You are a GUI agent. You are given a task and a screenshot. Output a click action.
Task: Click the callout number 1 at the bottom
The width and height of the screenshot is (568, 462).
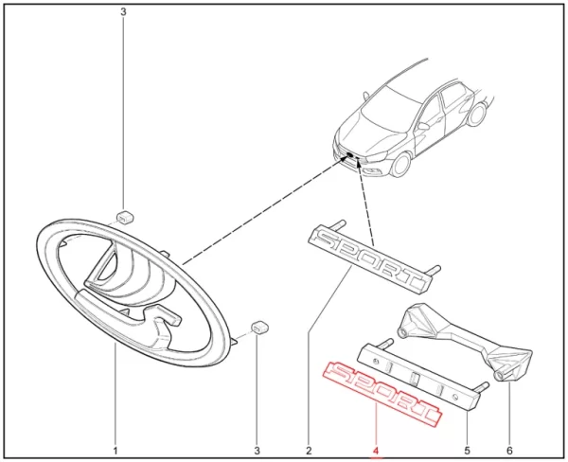pos(115,451)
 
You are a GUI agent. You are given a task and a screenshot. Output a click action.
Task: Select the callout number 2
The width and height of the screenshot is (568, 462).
pos(309,451)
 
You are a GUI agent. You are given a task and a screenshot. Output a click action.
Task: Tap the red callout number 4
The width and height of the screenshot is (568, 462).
pos(376,451)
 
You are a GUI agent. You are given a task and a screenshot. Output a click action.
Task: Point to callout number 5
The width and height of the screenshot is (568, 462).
pos(467,451)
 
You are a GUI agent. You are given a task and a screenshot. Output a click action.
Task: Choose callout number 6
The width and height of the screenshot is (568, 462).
pos(509,451)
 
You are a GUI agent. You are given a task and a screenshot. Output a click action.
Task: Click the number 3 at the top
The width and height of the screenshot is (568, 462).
pos(123,12)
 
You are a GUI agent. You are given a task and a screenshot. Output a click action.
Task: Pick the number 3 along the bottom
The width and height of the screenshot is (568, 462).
pos(257,451)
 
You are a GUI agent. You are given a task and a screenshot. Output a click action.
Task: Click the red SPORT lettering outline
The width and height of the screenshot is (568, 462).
pos(382,394)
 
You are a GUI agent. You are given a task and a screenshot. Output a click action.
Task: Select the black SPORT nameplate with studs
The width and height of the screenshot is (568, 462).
pos(373,256)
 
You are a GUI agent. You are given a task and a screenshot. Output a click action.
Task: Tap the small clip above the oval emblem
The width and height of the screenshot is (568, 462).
pos(125,217)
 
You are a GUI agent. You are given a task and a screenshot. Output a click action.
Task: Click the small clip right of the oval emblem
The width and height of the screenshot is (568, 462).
pos(259,328)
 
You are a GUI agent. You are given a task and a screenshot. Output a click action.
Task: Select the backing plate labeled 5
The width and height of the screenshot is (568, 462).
pos(420,375)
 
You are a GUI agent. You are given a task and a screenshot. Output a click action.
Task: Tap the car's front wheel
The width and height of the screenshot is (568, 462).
pos(401,165)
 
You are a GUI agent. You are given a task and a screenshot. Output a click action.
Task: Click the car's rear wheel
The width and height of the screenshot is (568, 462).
pos(476,114)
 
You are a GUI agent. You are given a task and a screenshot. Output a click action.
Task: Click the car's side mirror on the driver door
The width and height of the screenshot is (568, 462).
pos(424,126)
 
